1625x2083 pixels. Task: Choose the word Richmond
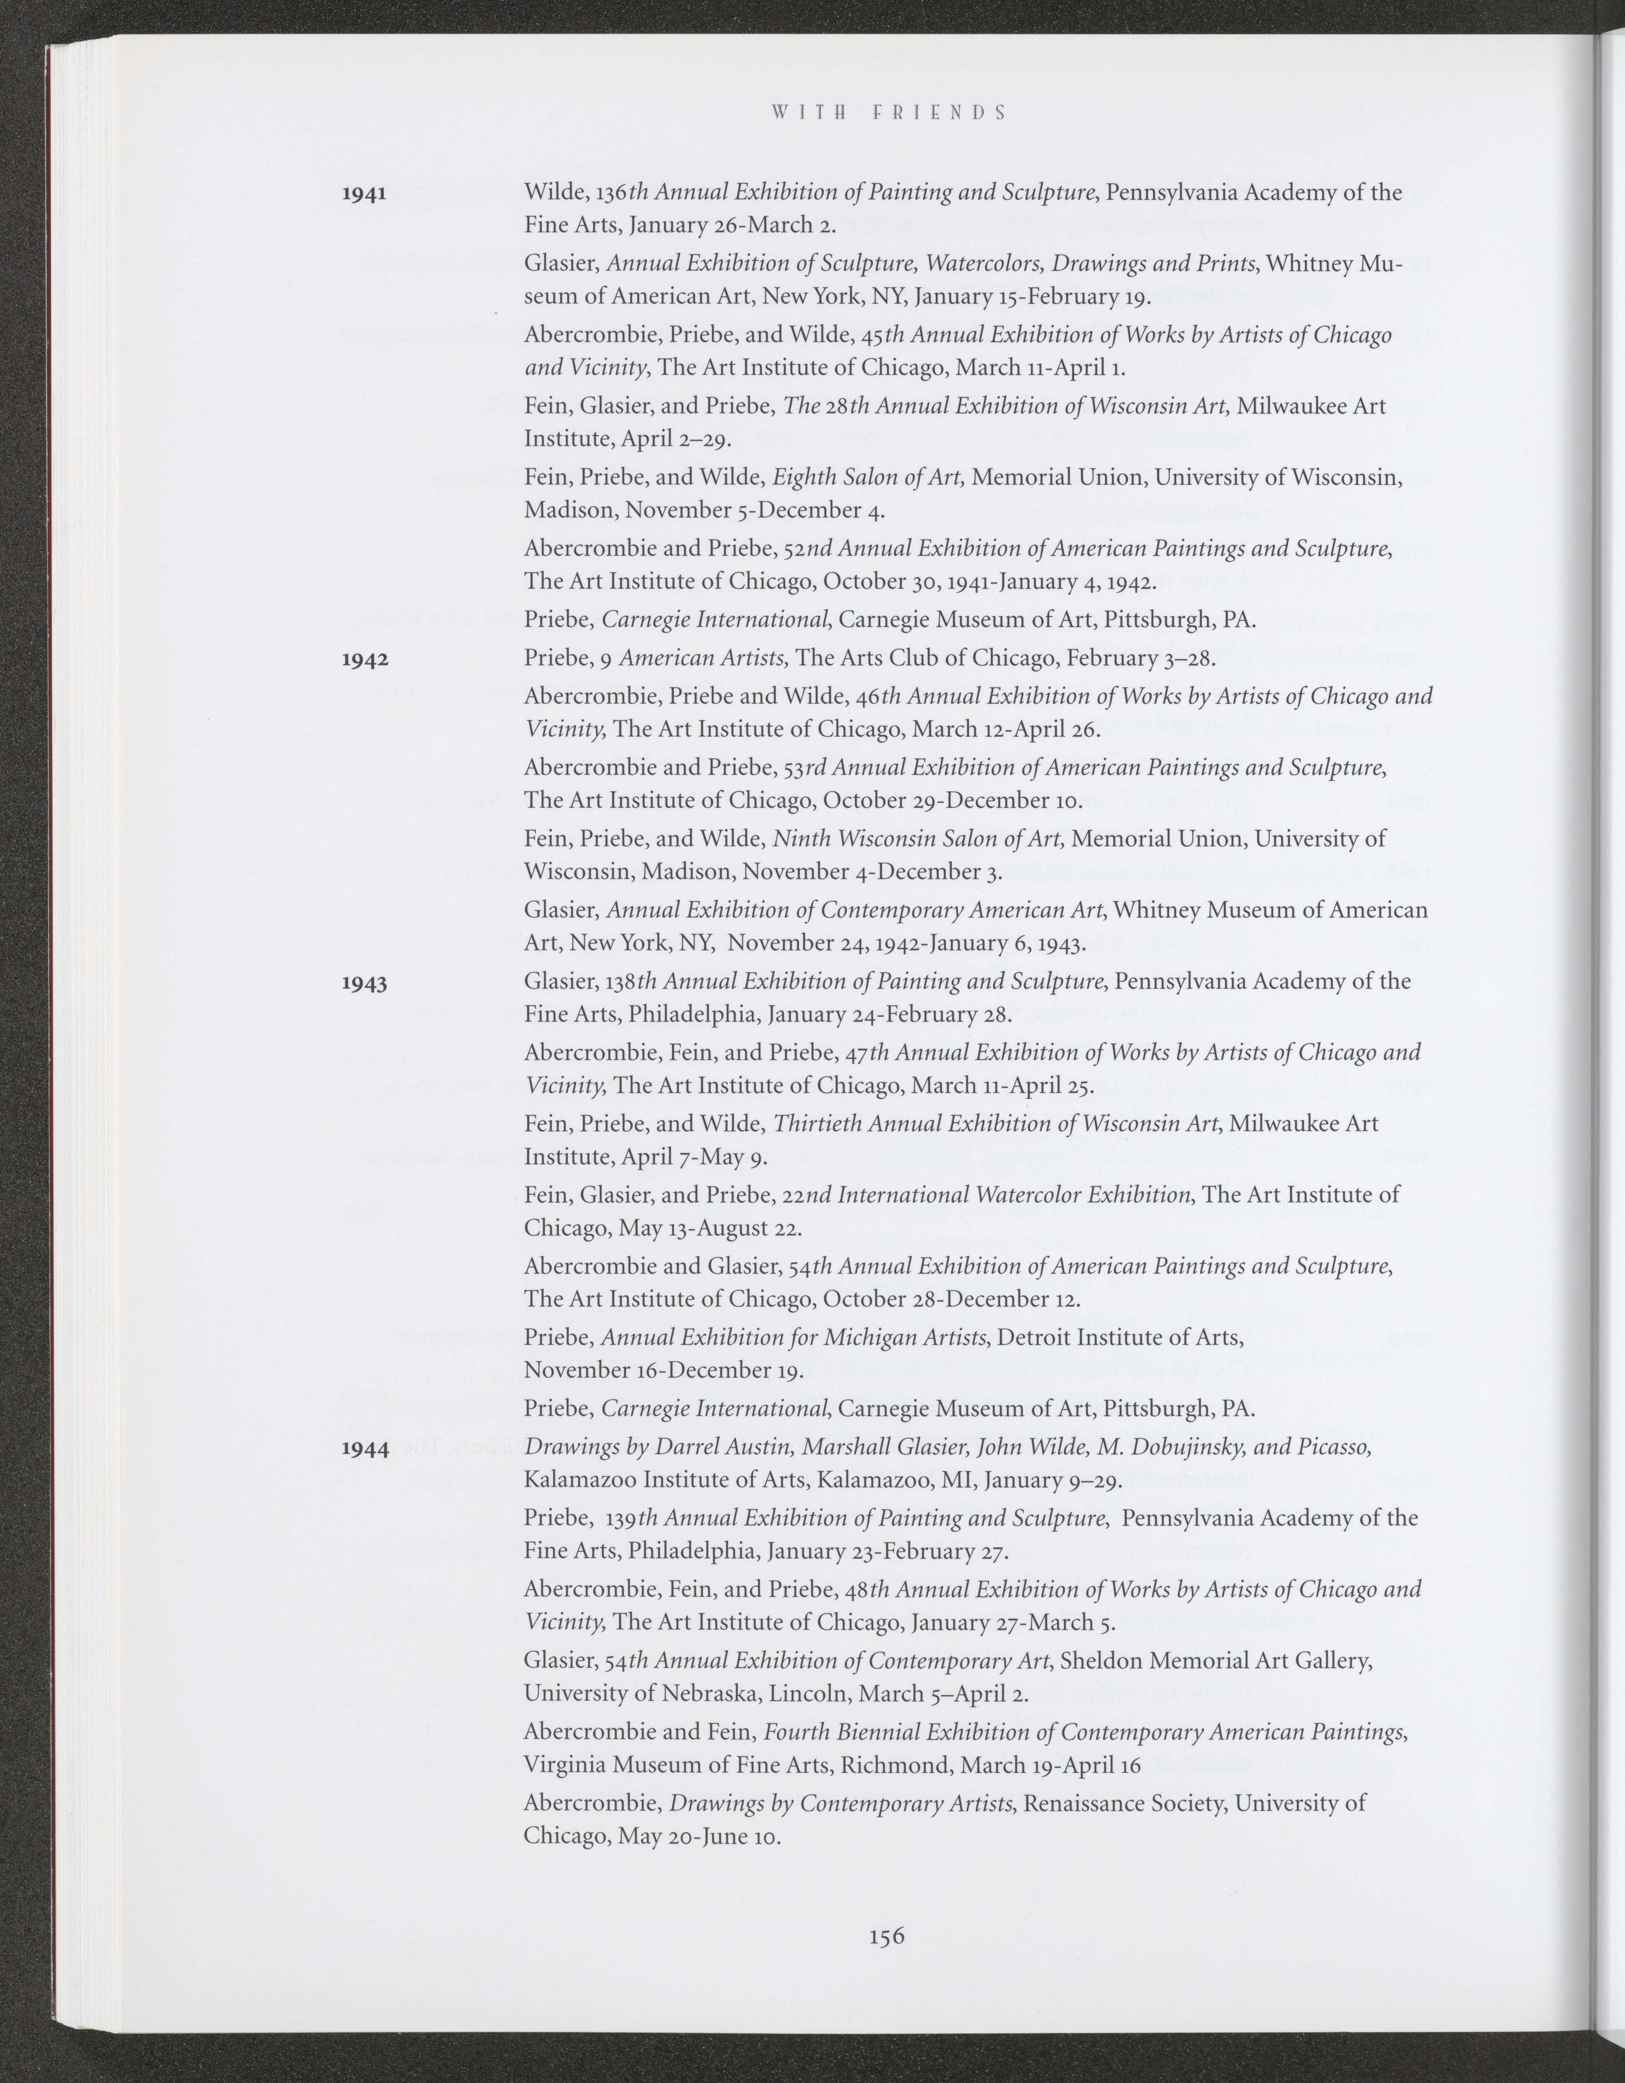pos(896,1766)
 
